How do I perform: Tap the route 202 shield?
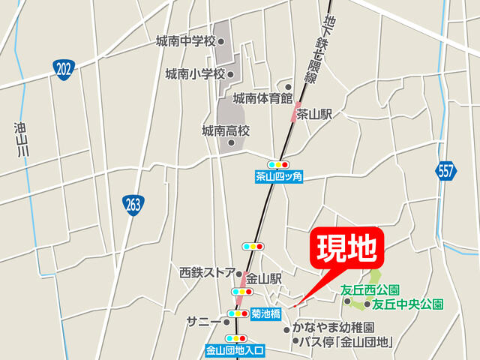tap(64, 70)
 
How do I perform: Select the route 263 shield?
tap(133, 204)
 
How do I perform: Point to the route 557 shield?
tap(446, 170)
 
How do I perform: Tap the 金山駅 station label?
tap(264, 277)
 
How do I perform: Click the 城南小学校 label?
tap(195, 73)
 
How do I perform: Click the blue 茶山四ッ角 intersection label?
tap(277, 177)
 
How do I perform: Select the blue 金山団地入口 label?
tap(235, 349)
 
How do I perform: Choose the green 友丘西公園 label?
tap(370, 289)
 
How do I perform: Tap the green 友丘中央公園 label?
tap(408, 304)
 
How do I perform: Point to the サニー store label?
tap(203, 321)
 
